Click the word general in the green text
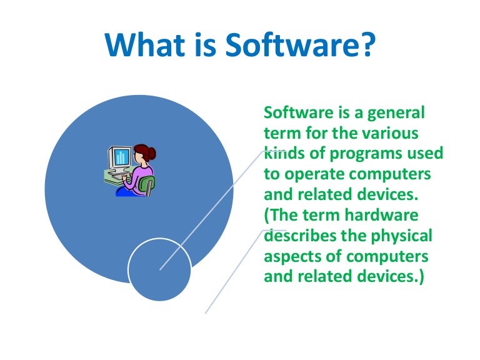point(396,113)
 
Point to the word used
point(426,153)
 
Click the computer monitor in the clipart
point(120,157)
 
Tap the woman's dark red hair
point(145,152)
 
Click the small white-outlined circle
point(159,269)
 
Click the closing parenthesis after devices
point(421,276)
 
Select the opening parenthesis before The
point(267,215)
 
